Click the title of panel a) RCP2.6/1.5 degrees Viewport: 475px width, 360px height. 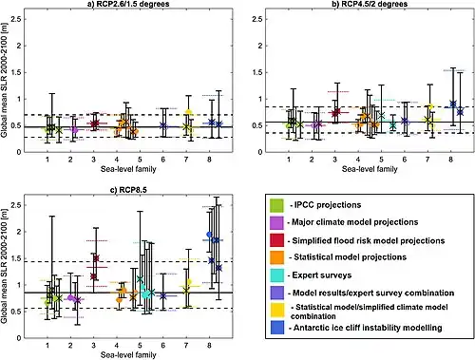tap(128, 4)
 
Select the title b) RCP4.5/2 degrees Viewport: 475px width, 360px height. tap(370, 4)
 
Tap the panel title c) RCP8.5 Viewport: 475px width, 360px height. tap(128, 190)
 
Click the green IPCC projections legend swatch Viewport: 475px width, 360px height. tap(276, 205)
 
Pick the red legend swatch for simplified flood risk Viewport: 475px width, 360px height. tap(276, 240)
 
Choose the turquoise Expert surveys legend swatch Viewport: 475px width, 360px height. tap(276, 275)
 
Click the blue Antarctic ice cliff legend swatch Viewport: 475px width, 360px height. tap(276, 328)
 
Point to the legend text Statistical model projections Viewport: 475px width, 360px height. tap(350, 256)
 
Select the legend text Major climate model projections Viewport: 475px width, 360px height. tap(355, 222)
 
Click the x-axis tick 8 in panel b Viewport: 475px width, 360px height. tap(450, 160)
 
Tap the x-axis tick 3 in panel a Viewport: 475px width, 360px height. tap(93, 160)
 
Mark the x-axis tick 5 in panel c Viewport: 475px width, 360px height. tap(140, 345)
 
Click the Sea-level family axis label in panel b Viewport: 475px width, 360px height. tap(370, 169)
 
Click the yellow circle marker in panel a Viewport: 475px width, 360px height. tap(188, 112)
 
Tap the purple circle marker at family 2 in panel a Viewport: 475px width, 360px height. tap(75, 129)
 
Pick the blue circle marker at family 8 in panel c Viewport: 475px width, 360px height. tap(209, 235)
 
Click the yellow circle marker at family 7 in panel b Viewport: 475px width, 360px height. tap(430, 106)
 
